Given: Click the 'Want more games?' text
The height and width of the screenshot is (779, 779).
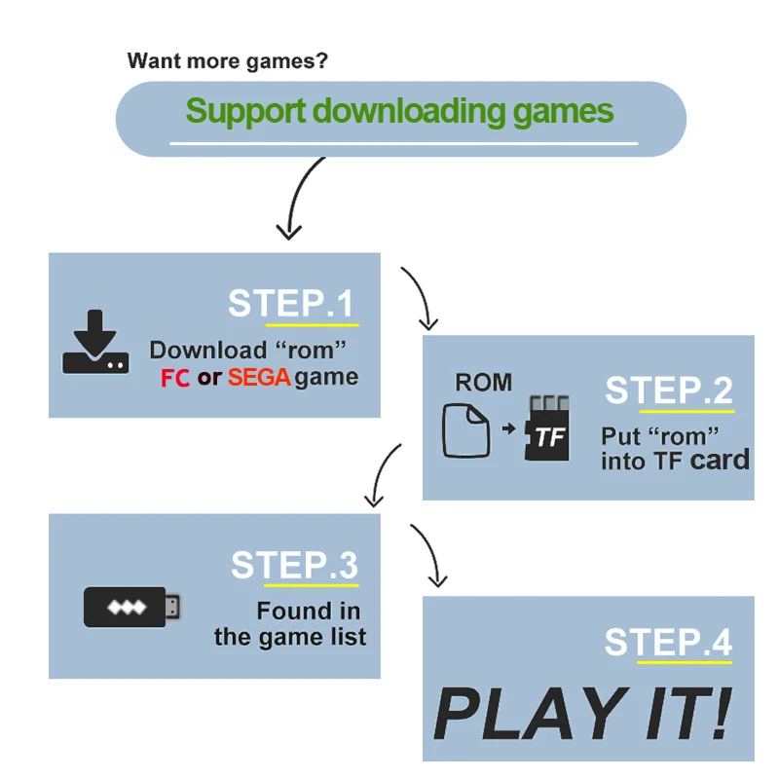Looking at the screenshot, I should pyautogui.click(x=228, y=61).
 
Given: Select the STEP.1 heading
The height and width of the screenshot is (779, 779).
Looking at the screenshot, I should pyautogui.click(x=291, y=304).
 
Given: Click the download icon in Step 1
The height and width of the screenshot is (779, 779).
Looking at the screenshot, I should pyautogui.click(x=94, y=342).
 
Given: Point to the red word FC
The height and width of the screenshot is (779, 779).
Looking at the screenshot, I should pyautogui.click(x=175, y=378).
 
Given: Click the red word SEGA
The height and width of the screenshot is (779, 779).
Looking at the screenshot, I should pyautogui.click(x=259, y=378).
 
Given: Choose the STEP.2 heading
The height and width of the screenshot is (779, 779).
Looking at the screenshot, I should pyautogui.click(x=668, y=390).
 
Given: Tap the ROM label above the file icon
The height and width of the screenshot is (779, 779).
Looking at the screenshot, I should pyautogui.click(x=483, y=382).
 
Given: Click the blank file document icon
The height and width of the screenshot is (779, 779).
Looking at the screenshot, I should pyautogui.click(x=465, y=430).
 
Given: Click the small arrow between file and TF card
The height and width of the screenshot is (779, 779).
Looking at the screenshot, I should pyautogui.click(x=508, y=428).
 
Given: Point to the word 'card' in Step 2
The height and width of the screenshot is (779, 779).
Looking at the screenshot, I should pyautogui.click(x=720, y=460).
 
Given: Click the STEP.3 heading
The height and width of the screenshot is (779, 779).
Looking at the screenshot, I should pyautogui.click(x=294, y=566).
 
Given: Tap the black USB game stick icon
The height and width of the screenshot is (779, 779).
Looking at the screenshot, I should pyautogui.click(x=132, y=608).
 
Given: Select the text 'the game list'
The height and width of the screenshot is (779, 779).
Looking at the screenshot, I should pyautogui.click(x=290, y=638).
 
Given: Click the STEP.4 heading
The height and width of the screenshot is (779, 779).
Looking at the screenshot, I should pyautogui.click(x=668, y=643).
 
